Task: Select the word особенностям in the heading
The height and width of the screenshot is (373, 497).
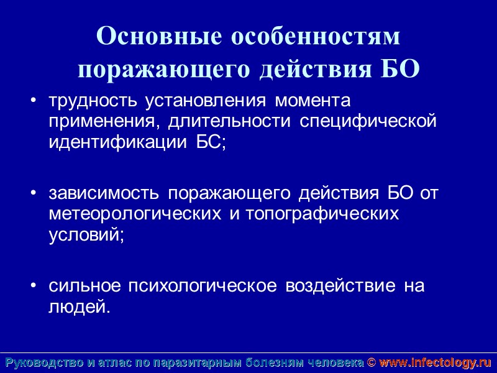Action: (316, 37)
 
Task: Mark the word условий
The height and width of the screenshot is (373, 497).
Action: (85, 235)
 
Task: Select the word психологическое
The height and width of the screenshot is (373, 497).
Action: (203, 287)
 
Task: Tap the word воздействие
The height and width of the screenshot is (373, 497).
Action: (340, 287)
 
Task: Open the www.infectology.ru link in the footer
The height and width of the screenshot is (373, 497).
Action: (435, 362)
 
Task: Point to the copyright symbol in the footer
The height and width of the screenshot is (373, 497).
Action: (372, 362)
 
